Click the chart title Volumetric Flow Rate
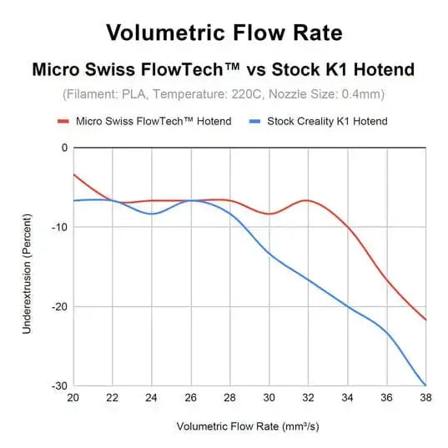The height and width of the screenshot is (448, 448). click(224, 33)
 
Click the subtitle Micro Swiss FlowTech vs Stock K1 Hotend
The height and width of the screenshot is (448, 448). click(224, 69)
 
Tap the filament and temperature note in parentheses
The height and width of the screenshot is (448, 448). click(224, 94)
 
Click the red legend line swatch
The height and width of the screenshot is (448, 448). click(66, 121)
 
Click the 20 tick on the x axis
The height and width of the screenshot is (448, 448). click(73, 398)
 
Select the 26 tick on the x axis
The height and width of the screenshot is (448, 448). click(191, 398)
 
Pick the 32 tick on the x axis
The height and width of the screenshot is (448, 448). click(308, 398)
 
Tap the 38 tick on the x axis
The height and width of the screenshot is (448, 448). click(425, 398)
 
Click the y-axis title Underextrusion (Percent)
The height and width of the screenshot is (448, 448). click(27, 267)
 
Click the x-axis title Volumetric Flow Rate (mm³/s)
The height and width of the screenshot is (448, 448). click(249, 426)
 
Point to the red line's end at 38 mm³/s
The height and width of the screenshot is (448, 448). click(425, 320)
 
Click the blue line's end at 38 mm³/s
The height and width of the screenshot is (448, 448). click(425, 385)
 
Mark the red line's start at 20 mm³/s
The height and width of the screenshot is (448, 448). click(74, 174)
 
